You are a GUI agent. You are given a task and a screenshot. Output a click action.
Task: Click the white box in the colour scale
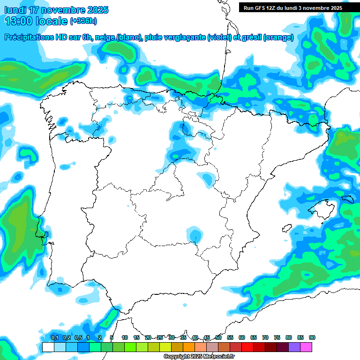tap(48, 347)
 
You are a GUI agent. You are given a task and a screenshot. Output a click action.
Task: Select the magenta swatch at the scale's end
tap(306, 347)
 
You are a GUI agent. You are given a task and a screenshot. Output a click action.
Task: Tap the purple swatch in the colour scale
tap(294, 347)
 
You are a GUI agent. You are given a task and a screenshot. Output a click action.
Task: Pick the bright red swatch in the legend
tap(247, 347)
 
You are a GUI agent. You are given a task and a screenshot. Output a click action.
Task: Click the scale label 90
tap(312, 337)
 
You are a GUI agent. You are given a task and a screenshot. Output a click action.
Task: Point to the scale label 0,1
tap(54, 337)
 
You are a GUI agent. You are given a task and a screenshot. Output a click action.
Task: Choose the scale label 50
tap(218, 337)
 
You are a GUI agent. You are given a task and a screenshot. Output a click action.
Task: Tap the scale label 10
tap(125, 337)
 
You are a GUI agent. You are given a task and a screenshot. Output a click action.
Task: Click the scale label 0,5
tap(78, 337)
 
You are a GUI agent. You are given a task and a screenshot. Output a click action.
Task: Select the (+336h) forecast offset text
tap(83, 21)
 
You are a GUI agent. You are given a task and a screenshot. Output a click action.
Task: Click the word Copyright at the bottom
tap(177, 357)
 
